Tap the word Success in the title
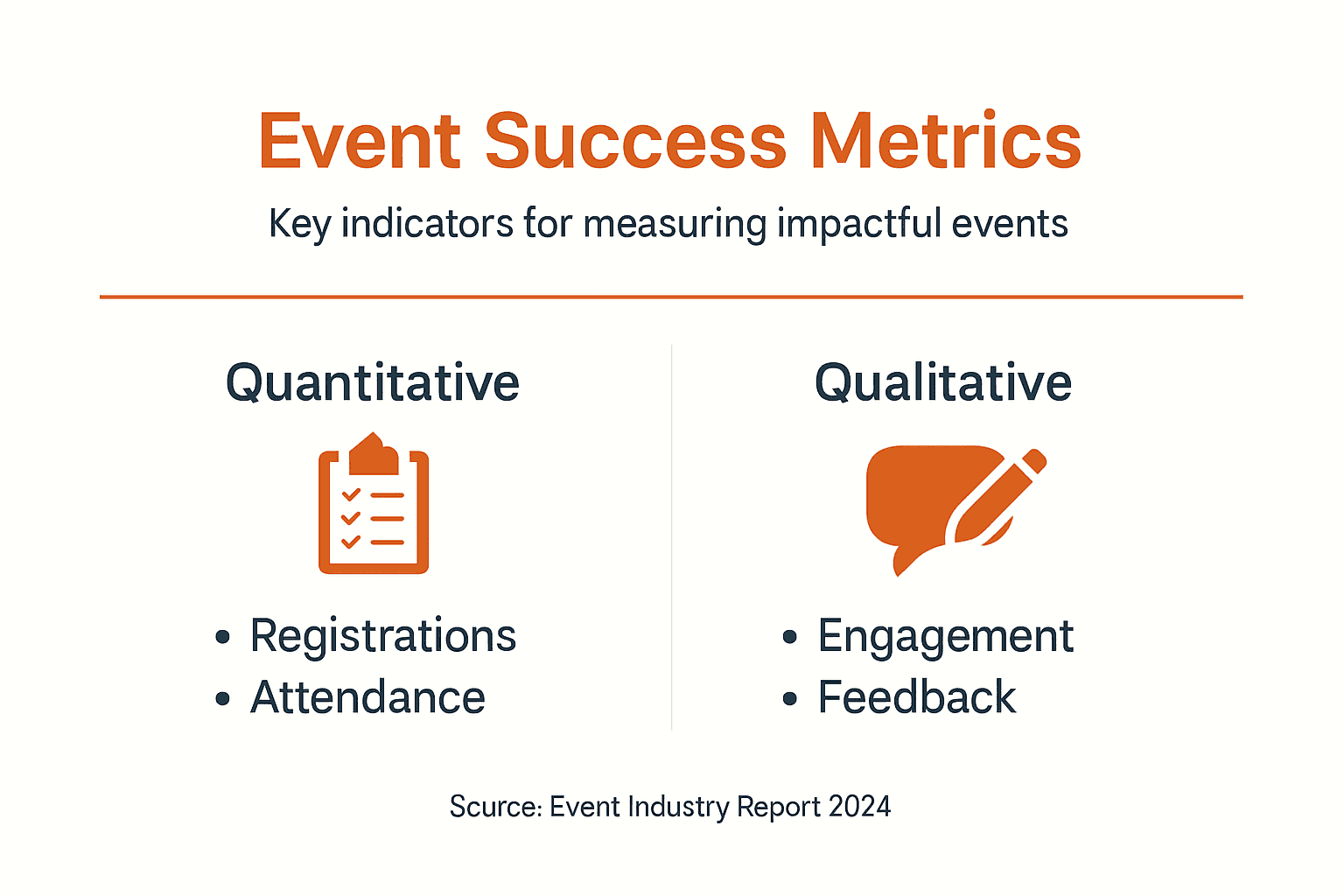point(635,141)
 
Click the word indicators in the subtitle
point(427,223)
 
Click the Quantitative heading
point(373,383)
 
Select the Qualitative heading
point(943,382)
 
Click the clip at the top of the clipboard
point(374,455)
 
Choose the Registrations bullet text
point(382,635)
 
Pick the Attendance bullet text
point(367,697)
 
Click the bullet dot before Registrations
point(222,637)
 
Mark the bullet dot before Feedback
point(790,698)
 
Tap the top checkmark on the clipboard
point(351,495)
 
